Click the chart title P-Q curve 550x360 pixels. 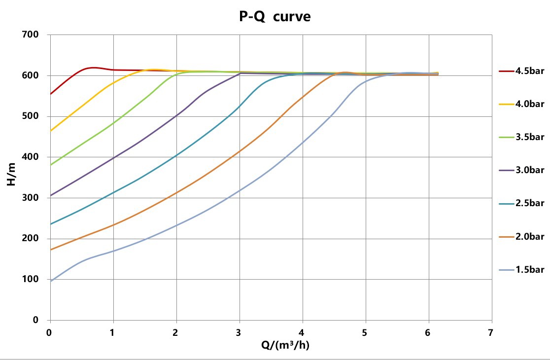point(275,16)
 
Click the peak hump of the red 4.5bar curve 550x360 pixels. point(93,68)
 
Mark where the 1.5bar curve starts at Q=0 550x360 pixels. point(51,281)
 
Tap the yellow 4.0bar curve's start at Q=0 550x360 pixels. point(51,131)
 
